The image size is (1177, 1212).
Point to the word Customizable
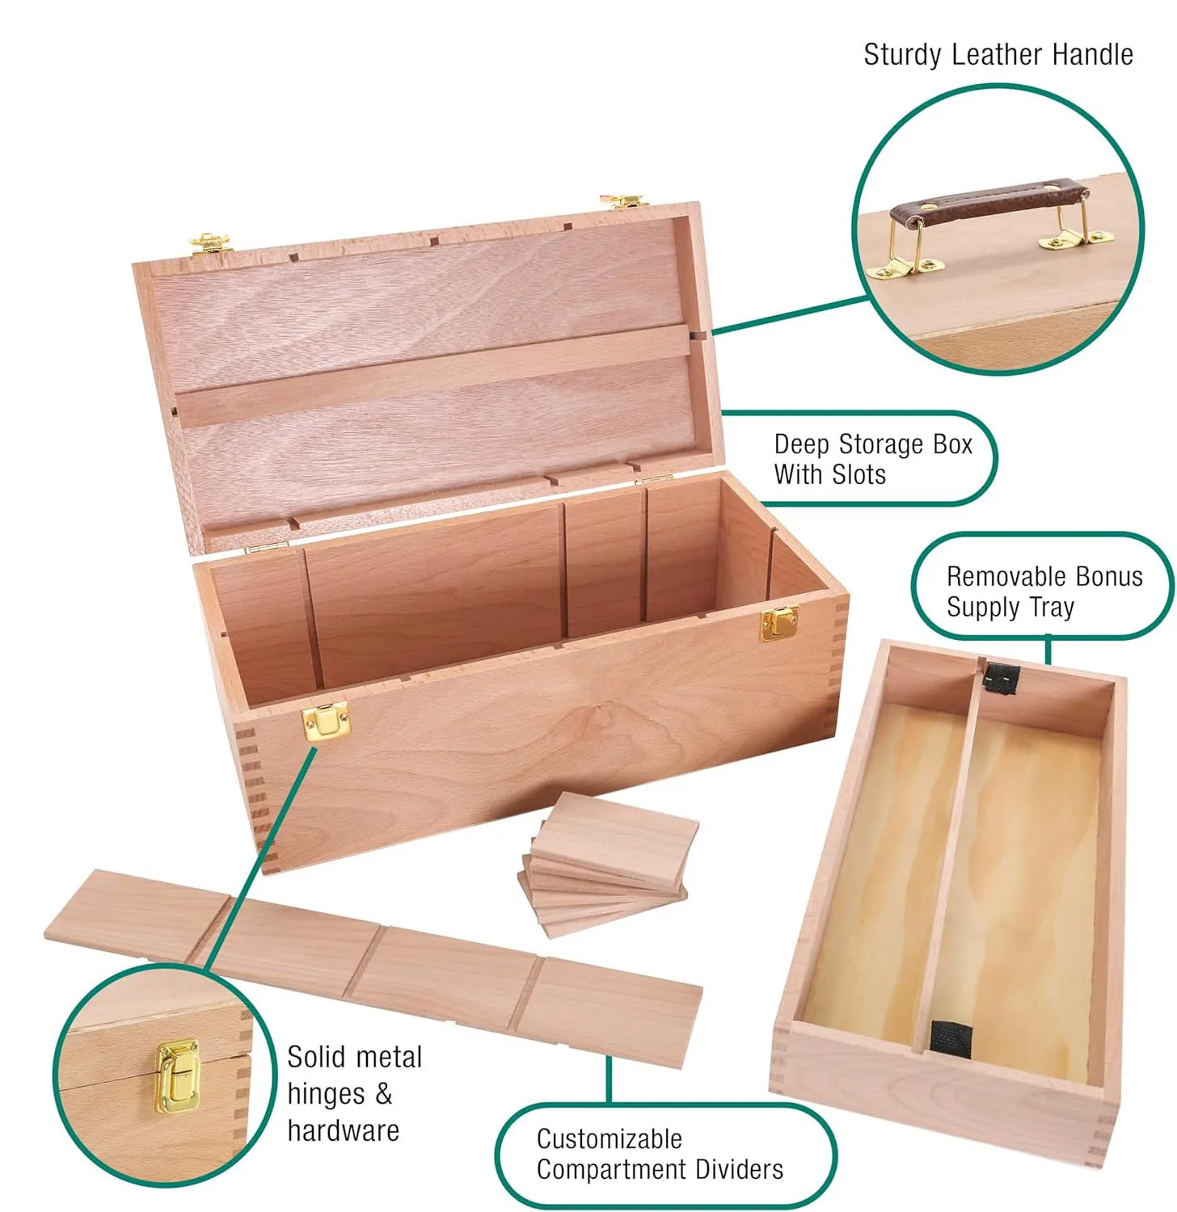(x=610, y=1139)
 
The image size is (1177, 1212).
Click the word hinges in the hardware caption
(x=326, y=1094)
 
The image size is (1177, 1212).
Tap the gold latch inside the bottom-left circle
(x=178, y=1076)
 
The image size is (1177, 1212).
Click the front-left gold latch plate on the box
(x=327, y=721)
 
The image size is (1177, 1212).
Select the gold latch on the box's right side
(x=779, y=622)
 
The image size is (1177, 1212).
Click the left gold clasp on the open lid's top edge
(x=210, y=242)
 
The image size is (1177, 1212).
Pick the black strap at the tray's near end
(x=951, y=1037)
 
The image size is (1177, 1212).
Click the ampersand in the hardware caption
(x=383, y=1094)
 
